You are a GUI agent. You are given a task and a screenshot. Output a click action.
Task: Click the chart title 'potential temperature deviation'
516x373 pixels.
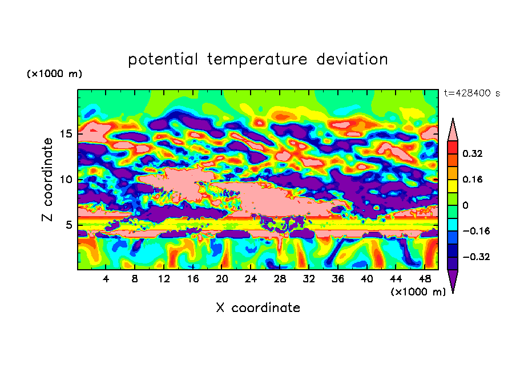point(258,59)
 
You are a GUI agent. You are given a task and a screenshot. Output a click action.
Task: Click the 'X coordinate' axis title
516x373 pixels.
point(258,308)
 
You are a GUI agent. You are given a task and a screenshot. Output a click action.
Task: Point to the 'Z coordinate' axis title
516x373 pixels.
point(47,180)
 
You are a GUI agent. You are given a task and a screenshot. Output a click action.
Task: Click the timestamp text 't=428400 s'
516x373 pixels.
point(471,93)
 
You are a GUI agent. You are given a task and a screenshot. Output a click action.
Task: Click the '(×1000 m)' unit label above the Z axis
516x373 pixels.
point(54,74)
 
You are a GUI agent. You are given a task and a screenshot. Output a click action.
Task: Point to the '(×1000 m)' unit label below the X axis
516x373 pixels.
point(418,292)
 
